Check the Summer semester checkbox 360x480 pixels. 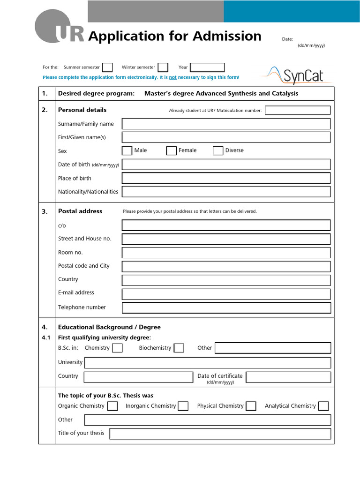107,67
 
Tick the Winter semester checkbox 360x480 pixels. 163,67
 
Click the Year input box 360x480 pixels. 207,67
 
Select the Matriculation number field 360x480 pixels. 297,110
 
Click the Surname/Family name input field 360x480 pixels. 226,124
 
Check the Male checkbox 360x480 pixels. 127,150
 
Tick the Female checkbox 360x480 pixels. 171,150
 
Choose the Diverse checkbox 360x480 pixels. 218,150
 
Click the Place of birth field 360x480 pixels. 226,178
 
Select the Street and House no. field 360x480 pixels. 226,239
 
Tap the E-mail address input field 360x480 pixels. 226,294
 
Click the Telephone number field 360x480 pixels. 226,307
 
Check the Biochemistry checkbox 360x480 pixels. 179,348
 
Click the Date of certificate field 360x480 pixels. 288,377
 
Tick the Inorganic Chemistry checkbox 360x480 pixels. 183,406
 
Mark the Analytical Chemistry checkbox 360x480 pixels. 323,406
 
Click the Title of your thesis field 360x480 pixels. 220,434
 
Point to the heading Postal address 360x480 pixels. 80,211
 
